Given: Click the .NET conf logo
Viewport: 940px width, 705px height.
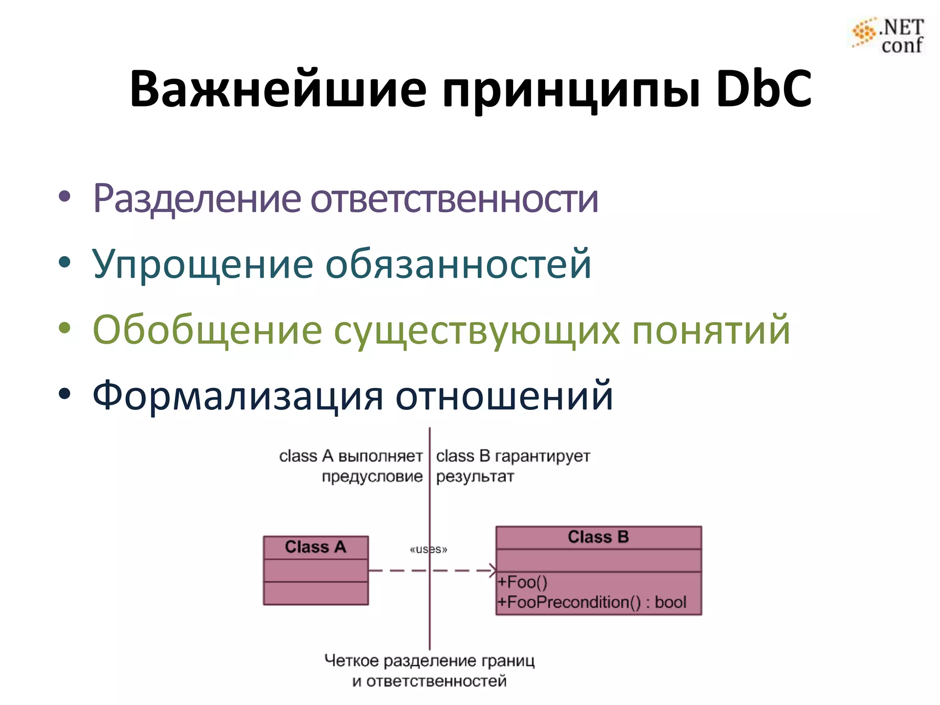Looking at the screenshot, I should pos(888,36).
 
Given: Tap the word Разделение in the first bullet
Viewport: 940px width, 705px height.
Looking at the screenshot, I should pos(197,199).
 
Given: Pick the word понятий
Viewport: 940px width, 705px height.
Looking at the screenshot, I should pos(711,330).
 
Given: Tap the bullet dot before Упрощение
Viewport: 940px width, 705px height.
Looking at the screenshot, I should pos(65,263).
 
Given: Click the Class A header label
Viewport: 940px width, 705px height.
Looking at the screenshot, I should pos(315,547).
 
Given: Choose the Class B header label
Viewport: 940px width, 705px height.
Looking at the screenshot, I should pos(598,537).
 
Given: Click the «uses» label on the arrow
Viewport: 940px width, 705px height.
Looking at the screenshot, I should pos(428,549).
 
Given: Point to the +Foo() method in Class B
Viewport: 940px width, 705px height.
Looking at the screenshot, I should pos(523,582).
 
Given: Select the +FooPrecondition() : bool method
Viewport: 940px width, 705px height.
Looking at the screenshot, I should pos(592,602).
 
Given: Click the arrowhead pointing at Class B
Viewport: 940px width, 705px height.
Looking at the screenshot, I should pos(493,571).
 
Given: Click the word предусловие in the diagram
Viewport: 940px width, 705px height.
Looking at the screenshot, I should pos(372,476).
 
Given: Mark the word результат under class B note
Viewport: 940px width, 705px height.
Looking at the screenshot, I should pos(475,476).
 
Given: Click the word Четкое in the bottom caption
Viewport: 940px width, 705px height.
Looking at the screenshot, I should pos(352,661).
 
